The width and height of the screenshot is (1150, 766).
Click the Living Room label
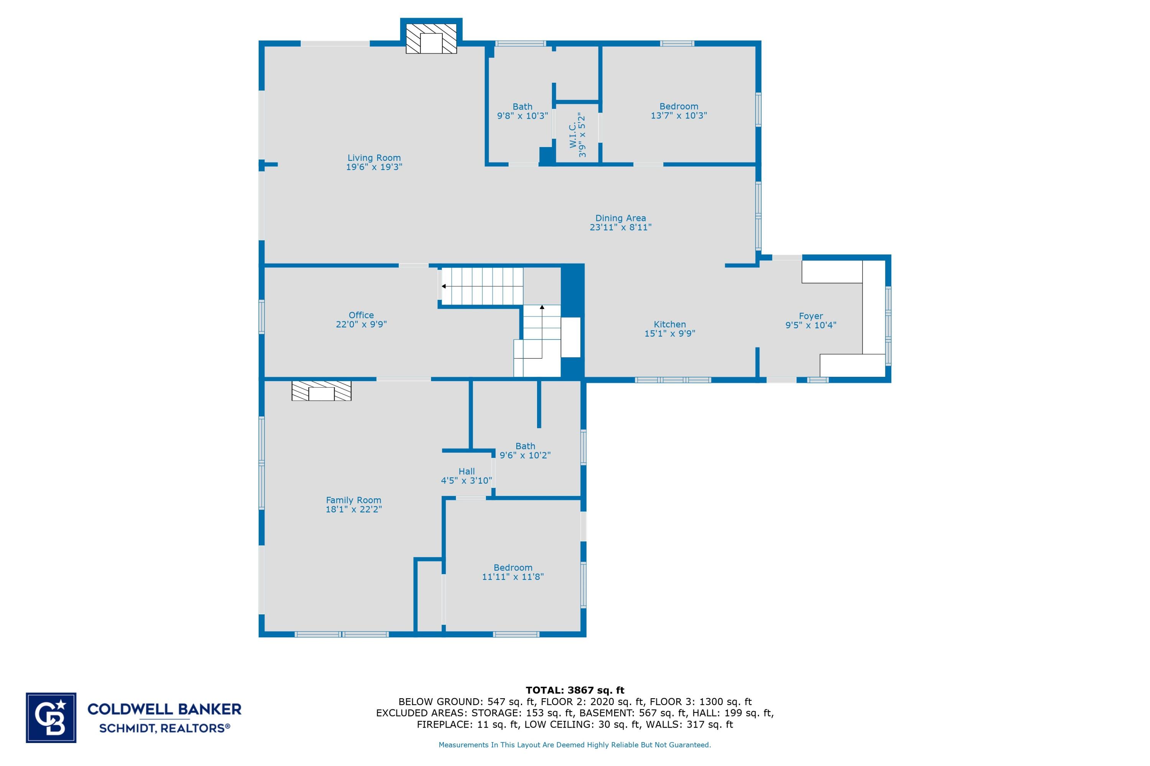click(x=374, y=158)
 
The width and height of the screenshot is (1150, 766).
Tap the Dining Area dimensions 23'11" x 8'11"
click(x=621, y=227)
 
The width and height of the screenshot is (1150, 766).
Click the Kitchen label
click(x=669, y=324)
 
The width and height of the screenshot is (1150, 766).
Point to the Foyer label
click(x=811, y=316)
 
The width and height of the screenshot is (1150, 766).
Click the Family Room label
click(x=353, y=500)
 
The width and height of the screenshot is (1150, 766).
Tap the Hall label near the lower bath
click(x=467, y=471)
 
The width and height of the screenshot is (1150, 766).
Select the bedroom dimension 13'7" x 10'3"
click(x=678, y=116)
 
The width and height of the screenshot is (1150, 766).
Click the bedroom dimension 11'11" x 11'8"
click(x=513, y=577)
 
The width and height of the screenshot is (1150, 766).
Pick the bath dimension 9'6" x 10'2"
click(x=525, y=455)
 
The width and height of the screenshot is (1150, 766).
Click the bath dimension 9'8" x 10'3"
click(x=522, y=116)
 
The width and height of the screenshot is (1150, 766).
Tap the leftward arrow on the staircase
click(x=444, y=286)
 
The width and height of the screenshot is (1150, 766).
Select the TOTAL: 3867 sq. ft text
click(x=575, y=690)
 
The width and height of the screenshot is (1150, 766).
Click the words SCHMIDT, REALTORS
click(x=164, y=728)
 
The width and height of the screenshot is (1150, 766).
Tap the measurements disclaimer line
click(x=575, y=745)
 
